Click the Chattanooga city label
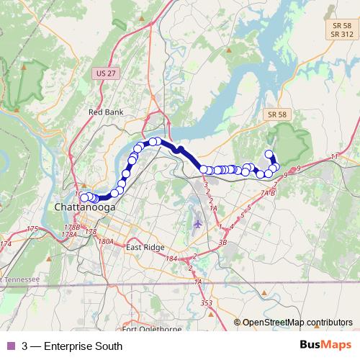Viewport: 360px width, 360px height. click(83, 209)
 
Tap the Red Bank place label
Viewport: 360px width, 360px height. click(106, 112)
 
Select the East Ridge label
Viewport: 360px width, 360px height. click(142, 248)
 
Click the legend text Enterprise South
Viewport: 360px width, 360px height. click(72, 346)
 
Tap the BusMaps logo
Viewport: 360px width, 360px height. click(326, 346)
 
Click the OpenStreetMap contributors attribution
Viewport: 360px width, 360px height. click(293, 323)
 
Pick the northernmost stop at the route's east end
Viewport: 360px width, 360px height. click(269, 153)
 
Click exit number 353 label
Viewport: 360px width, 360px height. click(207, 303)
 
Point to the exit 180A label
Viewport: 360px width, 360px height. click(107, 241)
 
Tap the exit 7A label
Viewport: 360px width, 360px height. click(264, 193)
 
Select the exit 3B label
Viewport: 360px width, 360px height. click(222, 243)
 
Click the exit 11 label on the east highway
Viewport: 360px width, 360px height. click(333, 156)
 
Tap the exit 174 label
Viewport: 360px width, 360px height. click(6, 244)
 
